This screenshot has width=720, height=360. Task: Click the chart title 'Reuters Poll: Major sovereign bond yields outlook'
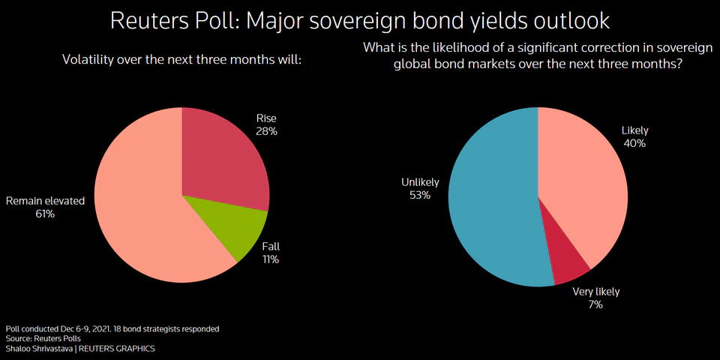click(360, 20)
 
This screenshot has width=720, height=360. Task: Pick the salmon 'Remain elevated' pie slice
click(142, 210)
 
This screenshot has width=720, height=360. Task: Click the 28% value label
click(267, 132)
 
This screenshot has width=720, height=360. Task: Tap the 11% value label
click(271, 259)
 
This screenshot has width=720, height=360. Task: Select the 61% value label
click(45, 214)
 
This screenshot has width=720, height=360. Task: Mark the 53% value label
click(420, 196)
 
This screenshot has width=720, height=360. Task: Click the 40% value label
click(634, 143)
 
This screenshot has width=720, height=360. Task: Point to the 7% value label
click(595, 305)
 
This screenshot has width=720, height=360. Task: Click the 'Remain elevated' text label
click(45, 201)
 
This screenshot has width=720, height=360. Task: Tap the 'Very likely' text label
click(596, 292)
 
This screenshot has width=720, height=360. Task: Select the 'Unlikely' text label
click(420, 182)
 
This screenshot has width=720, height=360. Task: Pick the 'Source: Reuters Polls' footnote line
click(43, 338)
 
